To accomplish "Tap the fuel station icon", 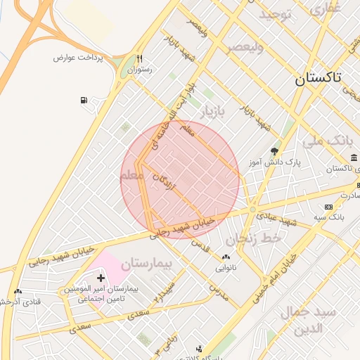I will (85, 101).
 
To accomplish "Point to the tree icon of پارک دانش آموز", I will (274, 150).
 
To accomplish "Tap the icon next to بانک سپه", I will (328, 207).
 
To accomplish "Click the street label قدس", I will (201, 247).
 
